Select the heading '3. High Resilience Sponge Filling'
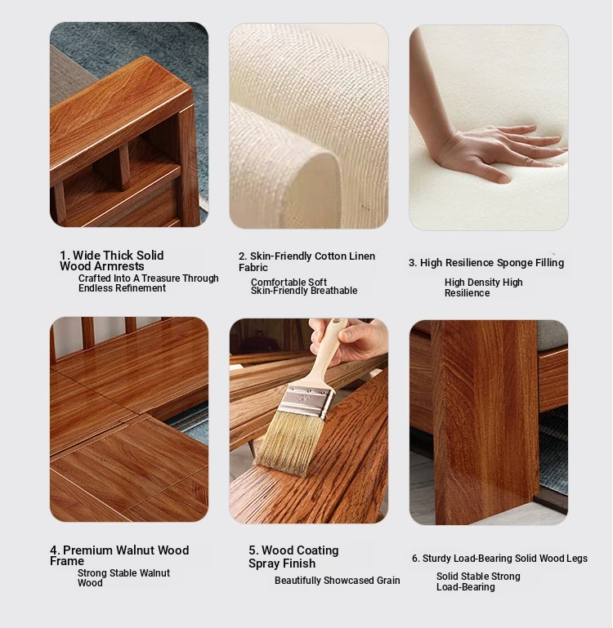click(486, 263)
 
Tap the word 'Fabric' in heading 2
click(253, 267)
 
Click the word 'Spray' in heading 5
click(265, 563)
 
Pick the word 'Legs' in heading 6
click(577, 559)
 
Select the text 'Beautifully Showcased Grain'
click(338, 581)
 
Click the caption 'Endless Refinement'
click(122, 288)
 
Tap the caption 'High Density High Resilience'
click(484, 287)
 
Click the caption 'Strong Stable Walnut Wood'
click(123, 578)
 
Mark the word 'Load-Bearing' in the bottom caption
click(465, 587)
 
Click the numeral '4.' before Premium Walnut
click(55, 550)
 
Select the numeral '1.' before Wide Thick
click(65, 256)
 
